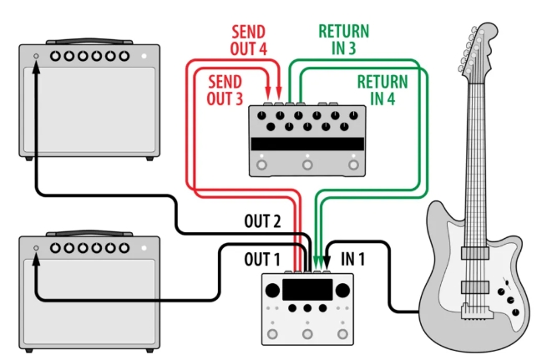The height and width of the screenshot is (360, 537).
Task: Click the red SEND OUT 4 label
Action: [x=248, y=40]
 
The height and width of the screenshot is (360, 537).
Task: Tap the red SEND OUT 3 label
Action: [x=225, y=90]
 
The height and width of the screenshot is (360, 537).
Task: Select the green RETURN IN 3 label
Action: [x=344, y=40]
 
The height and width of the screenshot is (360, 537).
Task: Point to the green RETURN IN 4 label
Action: [x=382, y=90]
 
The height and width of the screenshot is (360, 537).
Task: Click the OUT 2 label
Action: [x=262, y=221]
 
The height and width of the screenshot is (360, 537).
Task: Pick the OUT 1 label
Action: [x=262, y=259]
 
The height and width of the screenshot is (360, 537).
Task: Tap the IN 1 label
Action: [x=352, y=259]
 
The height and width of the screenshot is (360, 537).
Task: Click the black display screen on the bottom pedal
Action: [x=307, y=290]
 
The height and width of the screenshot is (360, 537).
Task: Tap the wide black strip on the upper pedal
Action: [x=307, y=144]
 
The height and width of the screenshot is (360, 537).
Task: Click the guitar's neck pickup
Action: [x=474, y=253]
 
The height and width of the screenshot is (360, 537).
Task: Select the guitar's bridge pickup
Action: [x=474, y=286]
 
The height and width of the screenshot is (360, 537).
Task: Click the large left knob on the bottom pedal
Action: [x=272, y=291]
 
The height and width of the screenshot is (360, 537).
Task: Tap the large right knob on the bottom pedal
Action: [x=342, y=291]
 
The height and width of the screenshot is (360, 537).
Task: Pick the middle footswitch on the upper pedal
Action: [x=307, y=165]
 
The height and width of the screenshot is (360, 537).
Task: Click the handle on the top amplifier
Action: [x=89, y=41]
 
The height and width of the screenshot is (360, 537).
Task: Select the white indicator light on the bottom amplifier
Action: [x=144, y=247]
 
